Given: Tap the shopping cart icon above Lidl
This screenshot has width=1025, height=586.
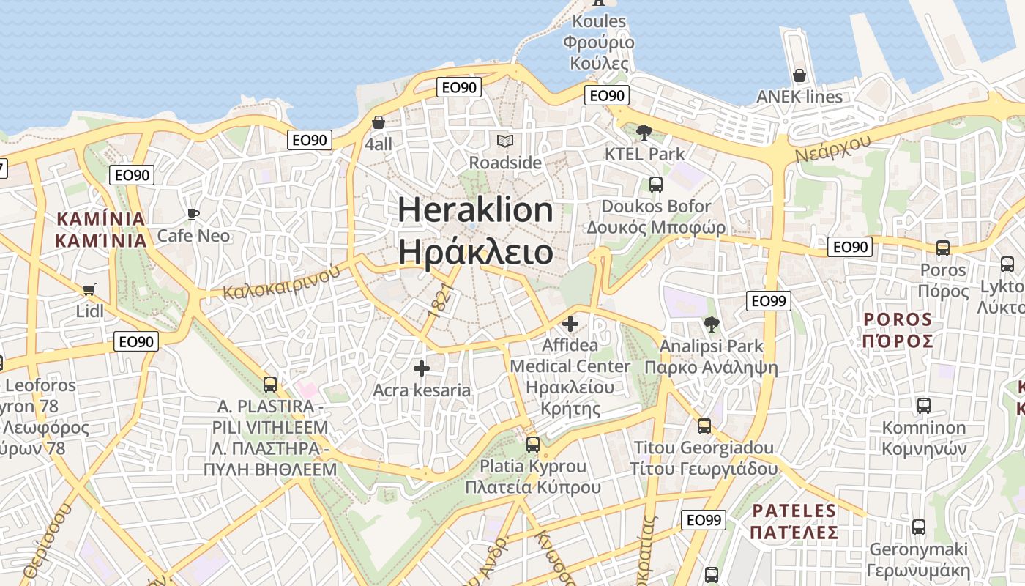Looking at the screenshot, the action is pos(89,289).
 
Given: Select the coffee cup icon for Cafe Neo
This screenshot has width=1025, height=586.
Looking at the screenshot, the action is pos(193,214).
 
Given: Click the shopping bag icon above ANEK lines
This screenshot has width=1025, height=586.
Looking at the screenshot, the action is pos(799,75).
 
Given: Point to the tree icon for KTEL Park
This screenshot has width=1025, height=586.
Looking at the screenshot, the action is pos(644,133).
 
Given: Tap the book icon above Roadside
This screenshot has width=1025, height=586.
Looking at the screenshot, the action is pos(504,141).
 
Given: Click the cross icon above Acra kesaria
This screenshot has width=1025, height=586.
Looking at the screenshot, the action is pos(422,368).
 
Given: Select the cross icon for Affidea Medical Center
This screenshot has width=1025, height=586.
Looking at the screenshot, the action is pos(570,323).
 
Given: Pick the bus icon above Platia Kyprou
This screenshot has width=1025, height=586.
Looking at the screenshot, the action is pos(533,444).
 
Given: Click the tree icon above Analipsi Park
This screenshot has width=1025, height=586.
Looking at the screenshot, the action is pos(711,324).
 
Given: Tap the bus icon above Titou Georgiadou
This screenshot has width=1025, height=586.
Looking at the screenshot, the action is pos(704,426).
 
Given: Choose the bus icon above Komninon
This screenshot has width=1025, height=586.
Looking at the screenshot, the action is pos(924,405).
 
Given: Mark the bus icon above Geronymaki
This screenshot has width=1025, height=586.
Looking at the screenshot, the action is pos(918,527).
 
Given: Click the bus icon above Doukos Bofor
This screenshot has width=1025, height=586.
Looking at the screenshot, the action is pos(655,185).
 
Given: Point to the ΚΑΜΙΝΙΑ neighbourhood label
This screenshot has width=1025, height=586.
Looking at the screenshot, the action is pos(101,229).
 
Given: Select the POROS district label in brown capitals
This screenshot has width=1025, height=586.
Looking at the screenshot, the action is pos(898,330).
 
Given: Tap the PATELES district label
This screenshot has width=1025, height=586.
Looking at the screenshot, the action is pos(794,522).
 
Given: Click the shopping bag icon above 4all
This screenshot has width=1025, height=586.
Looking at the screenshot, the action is pos(379,122).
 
